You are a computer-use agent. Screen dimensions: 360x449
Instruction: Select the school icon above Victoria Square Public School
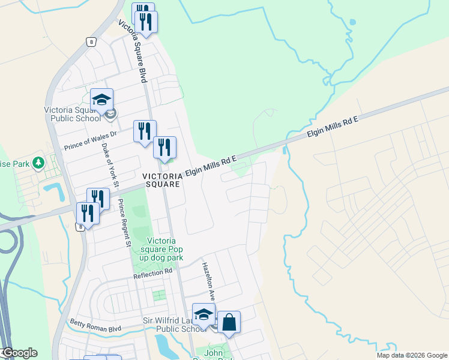tap(102, 99)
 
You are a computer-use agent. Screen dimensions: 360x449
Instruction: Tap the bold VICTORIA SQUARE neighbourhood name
tap(161, 180)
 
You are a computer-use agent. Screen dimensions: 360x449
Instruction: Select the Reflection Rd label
tap(153, 273)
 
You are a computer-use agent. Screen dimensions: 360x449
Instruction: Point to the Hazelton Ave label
tap(208, 281)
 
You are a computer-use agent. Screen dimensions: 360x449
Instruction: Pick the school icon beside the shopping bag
tap(203, 314)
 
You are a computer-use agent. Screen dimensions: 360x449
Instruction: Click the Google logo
tap(19, 353)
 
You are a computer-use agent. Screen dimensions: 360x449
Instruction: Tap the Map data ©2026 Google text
tap(412, 355)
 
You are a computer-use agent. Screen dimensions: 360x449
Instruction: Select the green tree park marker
tap(38, 163)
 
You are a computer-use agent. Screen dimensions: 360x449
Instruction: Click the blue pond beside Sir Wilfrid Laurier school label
tap(162, 345)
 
